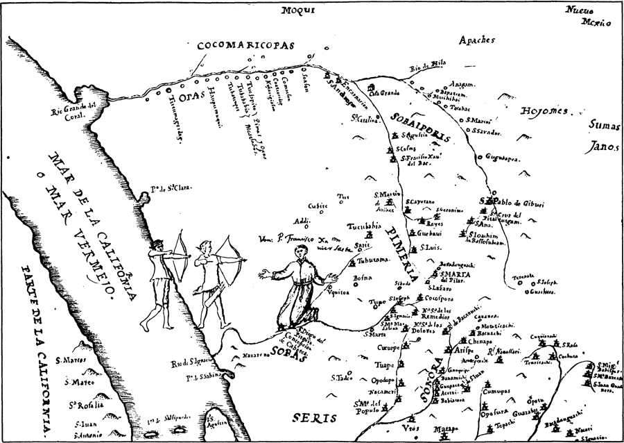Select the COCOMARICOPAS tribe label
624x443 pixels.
pos(246,46)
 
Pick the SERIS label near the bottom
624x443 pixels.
pos(313,418)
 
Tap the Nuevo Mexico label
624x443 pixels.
pos(587,16)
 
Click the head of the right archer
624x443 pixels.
pos(204,246)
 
